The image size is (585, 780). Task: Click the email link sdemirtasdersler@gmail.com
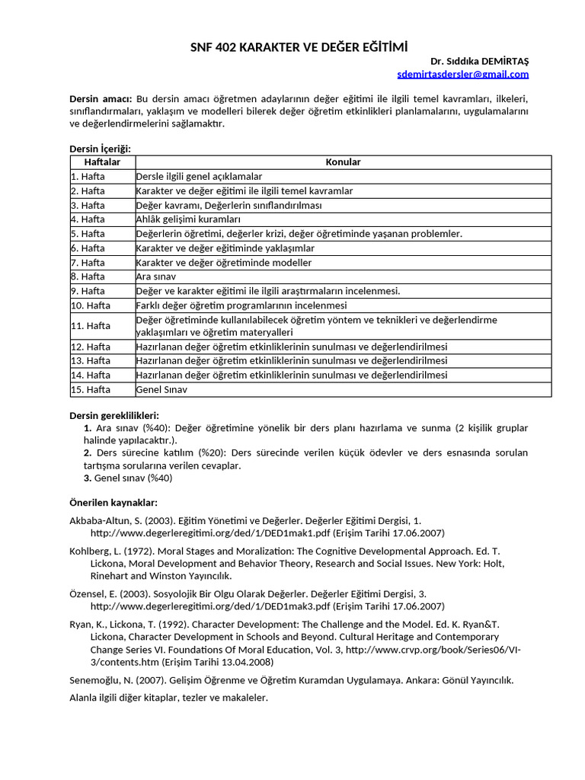coord(462,74)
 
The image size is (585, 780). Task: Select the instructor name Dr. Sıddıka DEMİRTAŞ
coord(479,61)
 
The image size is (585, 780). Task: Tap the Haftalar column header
coord(101,162)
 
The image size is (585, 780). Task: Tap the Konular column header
coord(343,162)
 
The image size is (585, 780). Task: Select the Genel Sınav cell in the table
coord(161,389)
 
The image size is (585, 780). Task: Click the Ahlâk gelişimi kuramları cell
coord(187,219)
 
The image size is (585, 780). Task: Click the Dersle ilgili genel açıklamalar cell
coord(199,177)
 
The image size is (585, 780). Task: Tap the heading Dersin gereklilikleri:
coord(113,416)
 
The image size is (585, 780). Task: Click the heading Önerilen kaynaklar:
coord(113,503)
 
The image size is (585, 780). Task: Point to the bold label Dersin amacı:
coord(101,99)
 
